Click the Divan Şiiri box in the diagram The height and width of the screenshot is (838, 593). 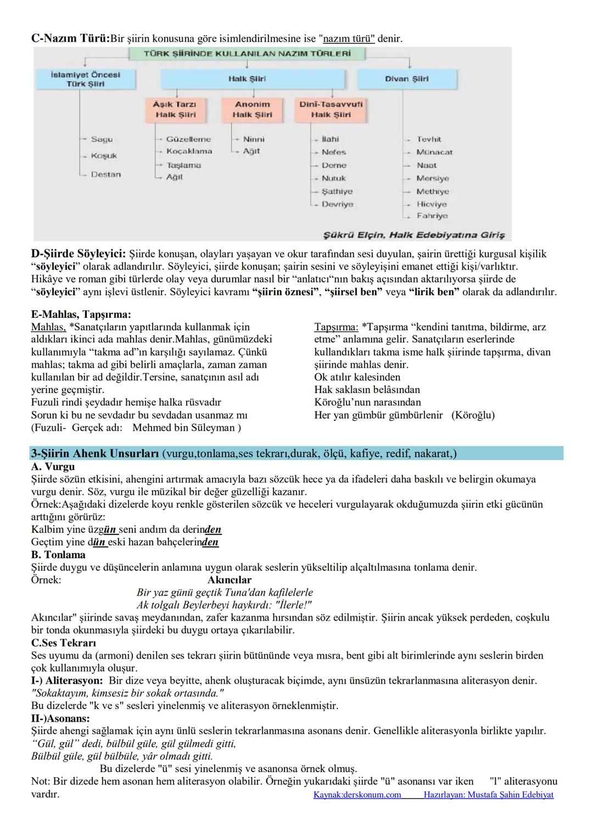(406, 79)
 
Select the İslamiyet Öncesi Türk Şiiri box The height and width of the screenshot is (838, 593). (85, 79)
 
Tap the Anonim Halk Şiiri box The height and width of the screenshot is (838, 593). (252, 109)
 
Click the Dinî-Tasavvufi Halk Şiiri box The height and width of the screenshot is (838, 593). (331, 109)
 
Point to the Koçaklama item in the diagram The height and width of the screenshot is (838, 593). (189, 151)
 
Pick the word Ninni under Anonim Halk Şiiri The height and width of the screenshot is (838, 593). (254, 139)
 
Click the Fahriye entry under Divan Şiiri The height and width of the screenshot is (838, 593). (432, 216)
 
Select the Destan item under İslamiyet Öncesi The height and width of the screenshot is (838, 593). (105, 175)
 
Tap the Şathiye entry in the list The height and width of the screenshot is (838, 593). (337, 192)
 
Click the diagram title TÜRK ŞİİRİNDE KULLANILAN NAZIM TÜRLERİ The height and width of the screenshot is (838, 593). (247, 54)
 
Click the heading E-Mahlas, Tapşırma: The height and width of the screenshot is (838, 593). (81, 314)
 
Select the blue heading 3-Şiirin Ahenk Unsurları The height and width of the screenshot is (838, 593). (95, 453)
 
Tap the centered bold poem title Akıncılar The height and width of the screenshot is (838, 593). (230, 580)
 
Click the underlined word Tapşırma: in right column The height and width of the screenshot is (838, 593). (336, 327)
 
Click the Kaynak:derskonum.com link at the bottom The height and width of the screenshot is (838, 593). (357, 795)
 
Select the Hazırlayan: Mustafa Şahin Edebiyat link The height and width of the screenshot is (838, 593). (489, 795)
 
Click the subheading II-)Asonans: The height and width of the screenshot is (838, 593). (60, 718)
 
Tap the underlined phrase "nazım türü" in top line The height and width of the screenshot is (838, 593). (348, 39)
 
